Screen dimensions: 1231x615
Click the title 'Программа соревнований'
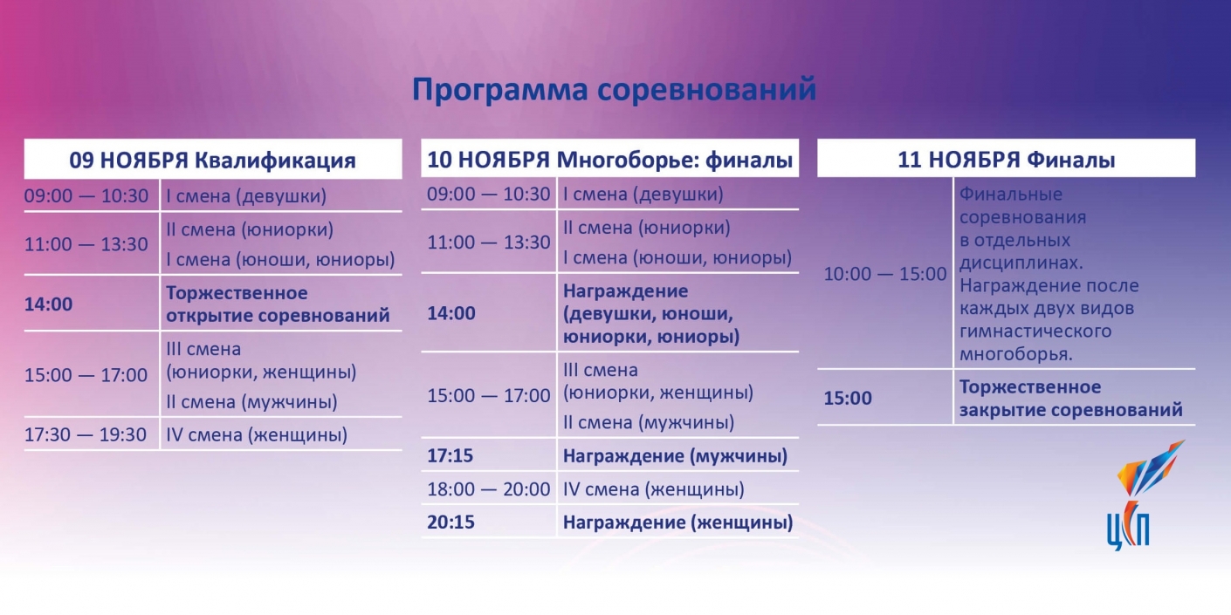pyautogui.click(x=614, y=90)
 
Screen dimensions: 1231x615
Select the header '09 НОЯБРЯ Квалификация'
pyautogui.click(x=213, y=161)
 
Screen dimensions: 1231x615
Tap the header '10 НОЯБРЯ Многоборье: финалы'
pyautogui.click(x=610, y=160)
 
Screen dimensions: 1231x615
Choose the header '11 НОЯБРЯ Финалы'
pyautogui.click(x=1007, y=160)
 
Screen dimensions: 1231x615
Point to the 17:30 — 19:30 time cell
pyautogui.click(x=86, y=434)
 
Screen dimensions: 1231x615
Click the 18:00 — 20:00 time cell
pyautogui.click(x=489, y=489)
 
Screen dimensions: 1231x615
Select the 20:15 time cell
pyautogui.click(x=450, y=522)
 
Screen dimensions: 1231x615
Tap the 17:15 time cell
pyautogui.click(x=450, y=455)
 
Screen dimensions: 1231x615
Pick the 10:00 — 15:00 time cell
pyautogui.click(x=884, y=273)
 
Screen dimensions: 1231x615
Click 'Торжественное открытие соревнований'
pyautogui.click(x=278, y=304)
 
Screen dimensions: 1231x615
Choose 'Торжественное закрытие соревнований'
pyautogui.click(x=1070, y=398)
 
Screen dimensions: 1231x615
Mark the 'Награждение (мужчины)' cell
pyautogui.click(x=676, y=455)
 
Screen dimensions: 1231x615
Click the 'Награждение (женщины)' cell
pyautogui.click(x=678, y=523)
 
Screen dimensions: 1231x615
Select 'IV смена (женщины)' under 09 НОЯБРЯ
pyautogui.click(x=257, y=435)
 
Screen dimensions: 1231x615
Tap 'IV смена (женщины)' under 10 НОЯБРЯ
pyautogui.click(x=653, y=489)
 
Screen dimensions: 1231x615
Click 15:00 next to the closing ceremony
pyautogui.click(x=848, y=398)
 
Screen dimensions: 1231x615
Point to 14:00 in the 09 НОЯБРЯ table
pyautogui.click(x=48, y=304)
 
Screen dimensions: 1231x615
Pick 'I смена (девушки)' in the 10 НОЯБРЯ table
pyautogui.click(x=643, y=195)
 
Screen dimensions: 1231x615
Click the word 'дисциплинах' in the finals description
pyautogui.click(x=1021, y=263)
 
